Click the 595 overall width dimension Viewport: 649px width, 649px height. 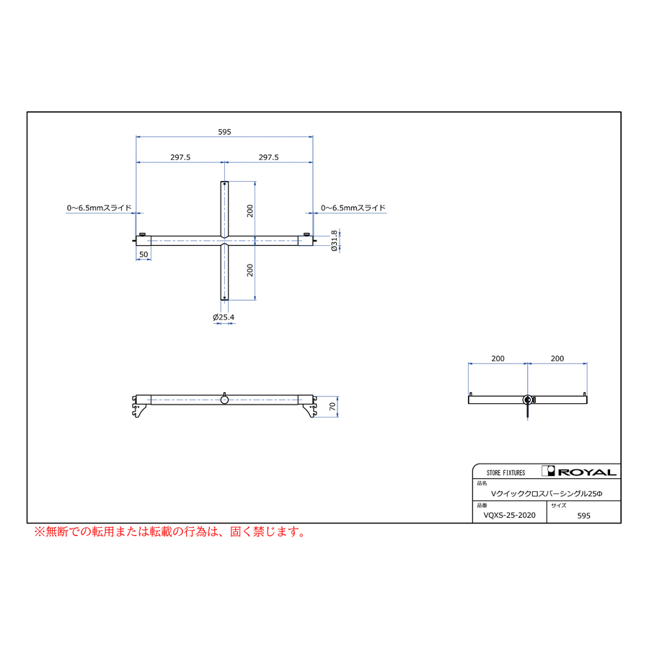[x=224, y=132]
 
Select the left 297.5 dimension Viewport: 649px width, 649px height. [x=180, y=157]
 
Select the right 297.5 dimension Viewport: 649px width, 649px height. [x=269, y=157]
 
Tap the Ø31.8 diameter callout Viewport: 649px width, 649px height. [x=334, y=240]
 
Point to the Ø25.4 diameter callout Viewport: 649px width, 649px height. [x=224, y=317]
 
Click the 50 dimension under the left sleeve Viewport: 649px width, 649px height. [x=144, y=255]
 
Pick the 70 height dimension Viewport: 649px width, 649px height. [x=332, y=407]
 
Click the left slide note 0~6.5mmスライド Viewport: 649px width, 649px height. [x=99, y=208]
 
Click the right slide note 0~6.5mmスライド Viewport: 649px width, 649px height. [x=353, y=208]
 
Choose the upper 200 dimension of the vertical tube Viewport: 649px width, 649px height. [x=250, y=211]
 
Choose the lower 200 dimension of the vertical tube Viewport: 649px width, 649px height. [x=250, y=270]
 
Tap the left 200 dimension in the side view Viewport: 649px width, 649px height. [x=498, y=358]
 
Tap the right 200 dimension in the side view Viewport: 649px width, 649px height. [x=557, y=358]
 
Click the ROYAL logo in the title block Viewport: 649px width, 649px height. [x=579, y=472]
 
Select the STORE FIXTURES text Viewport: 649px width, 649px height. [x=505, y=472]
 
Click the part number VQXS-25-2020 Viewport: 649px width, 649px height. [x=510, y=516]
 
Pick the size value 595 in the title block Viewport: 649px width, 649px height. [x=583, y=516]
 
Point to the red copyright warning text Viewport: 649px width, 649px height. [x=170, y=531]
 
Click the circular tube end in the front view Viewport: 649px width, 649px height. [x=224, y=399]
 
